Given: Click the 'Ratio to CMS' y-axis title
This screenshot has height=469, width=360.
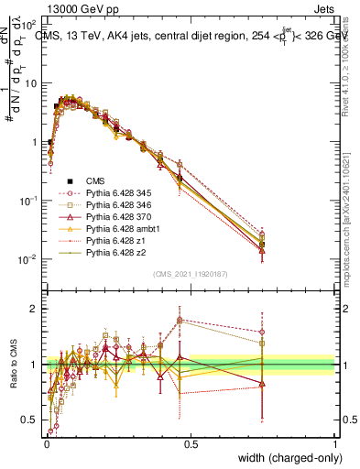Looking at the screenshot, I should pos(13,365).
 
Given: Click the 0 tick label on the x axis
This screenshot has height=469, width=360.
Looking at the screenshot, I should pos(46,443).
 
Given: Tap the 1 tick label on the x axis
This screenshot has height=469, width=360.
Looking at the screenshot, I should pos(333,443).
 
